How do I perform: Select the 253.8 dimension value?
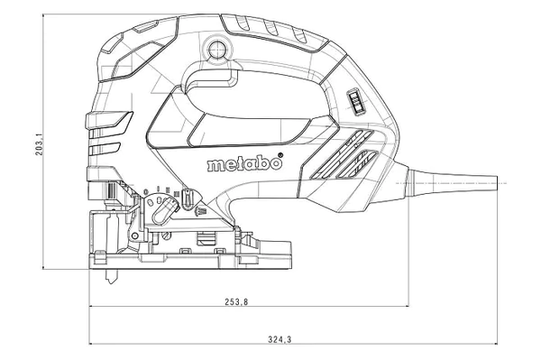click(236, 302)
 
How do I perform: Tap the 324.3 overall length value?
click(280, 339)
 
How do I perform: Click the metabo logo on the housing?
click(243, 164)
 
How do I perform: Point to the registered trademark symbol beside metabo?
click(280, 155)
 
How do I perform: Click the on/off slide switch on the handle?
click(354, 101)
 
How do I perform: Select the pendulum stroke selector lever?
click(164, 211)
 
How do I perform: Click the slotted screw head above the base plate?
click(167, 236)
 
